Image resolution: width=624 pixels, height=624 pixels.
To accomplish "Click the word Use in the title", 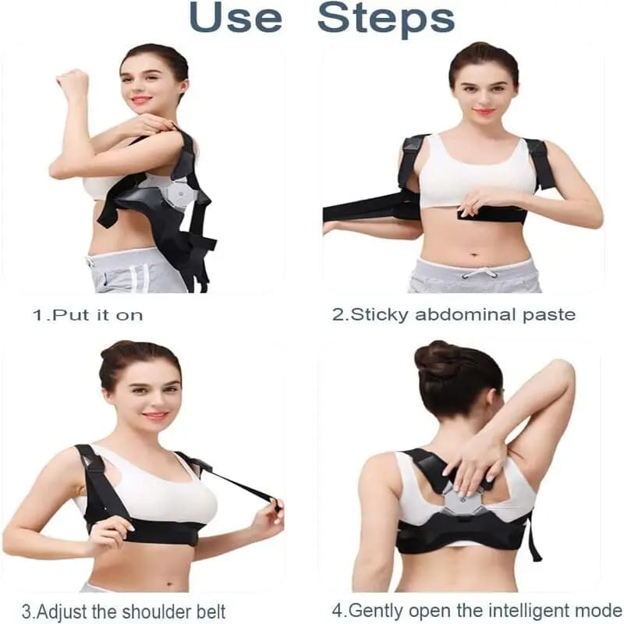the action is click(x=236, y=17).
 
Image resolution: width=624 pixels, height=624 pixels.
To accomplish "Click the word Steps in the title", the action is click(x=386, y=20).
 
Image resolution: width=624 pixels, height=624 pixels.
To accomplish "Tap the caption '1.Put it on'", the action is click(x=87, y=315).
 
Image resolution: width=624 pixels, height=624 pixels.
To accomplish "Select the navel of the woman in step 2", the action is click(x=473, y=253).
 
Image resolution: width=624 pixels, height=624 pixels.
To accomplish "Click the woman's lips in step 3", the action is click(x=155, y=416).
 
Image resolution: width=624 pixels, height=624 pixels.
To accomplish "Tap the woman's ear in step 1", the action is click(x=184, y=87).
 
